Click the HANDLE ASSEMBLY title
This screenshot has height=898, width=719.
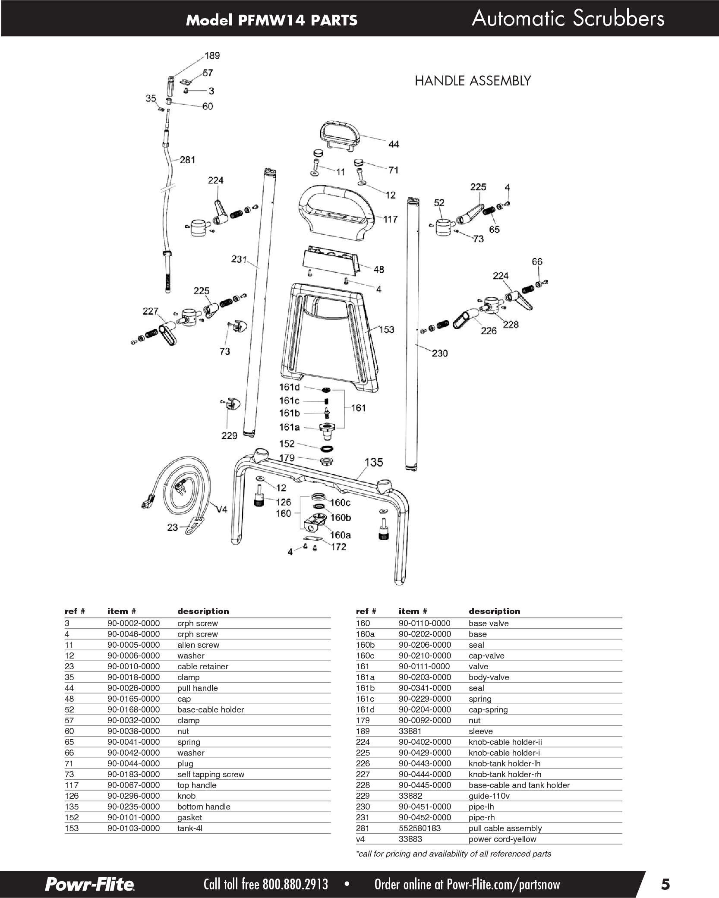click(x=473, y=81)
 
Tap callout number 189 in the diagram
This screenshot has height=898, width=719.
click(x=212, y=56)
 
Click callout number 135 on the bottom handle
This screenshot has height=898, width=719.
click(x=374, y=462)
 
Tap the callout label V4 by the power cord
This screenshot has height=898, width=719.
click(x=221, y=510)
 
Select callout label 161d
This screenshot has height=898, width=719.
click(x=289, y=387)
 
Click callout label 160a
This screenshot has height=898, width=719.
click(x=340, y=535)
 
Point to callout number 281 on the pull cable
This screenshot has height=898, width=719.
click(x=187, y=160)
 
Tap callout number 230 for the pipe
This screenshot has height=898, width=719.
click(x=440, y=353)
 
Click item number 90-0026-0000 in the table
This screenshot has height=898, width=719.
click(x=133, y=688)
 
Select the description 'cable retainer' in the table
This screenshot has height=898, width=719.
click(x=202, y=666)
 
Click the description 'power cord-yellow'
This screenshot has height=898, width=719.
click(x=502, y=839)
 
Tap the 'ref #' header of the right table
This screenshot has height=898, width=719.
click(x=366, y=611)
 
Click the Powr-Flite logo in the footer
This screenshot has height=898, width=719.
click(x=89, y=883)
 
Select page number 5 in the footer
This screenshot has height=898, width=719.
click(x=665, y=883)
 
